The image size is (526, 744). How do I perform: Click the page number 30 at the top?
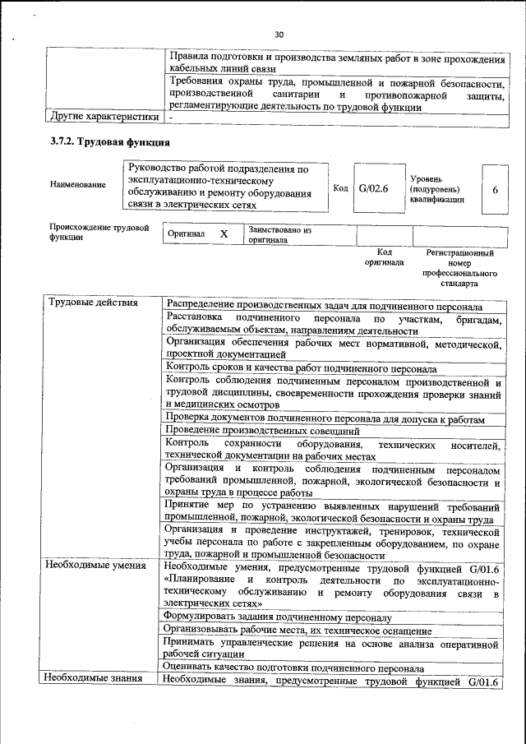(x=278, y=34)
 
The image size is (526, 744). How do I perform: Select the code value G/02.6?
(x=372, y=188)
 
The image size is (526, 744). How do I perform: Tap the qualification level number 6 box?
(x=495, y=189)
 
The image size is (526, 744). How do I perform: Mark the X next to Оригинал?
(x=223, y=234)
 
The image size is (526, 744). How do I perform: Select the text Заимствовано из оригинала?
(x=279, y=235)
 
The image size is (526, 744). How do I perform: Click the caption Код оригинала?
(x=385, y=257)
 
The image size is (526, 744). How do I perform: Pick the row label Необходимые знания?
(x=93, y=679)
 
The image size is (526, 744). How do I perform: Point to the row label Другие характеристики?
(x=99, y=118)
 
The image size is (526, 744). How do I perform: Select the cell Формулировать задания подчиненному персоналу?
(x=278, y=617)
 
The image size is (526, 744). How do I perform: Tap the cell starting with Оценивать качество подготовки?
(x=293, y=668)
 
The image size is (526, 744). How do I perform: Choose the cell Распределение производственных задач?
(x=324, y=304)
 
